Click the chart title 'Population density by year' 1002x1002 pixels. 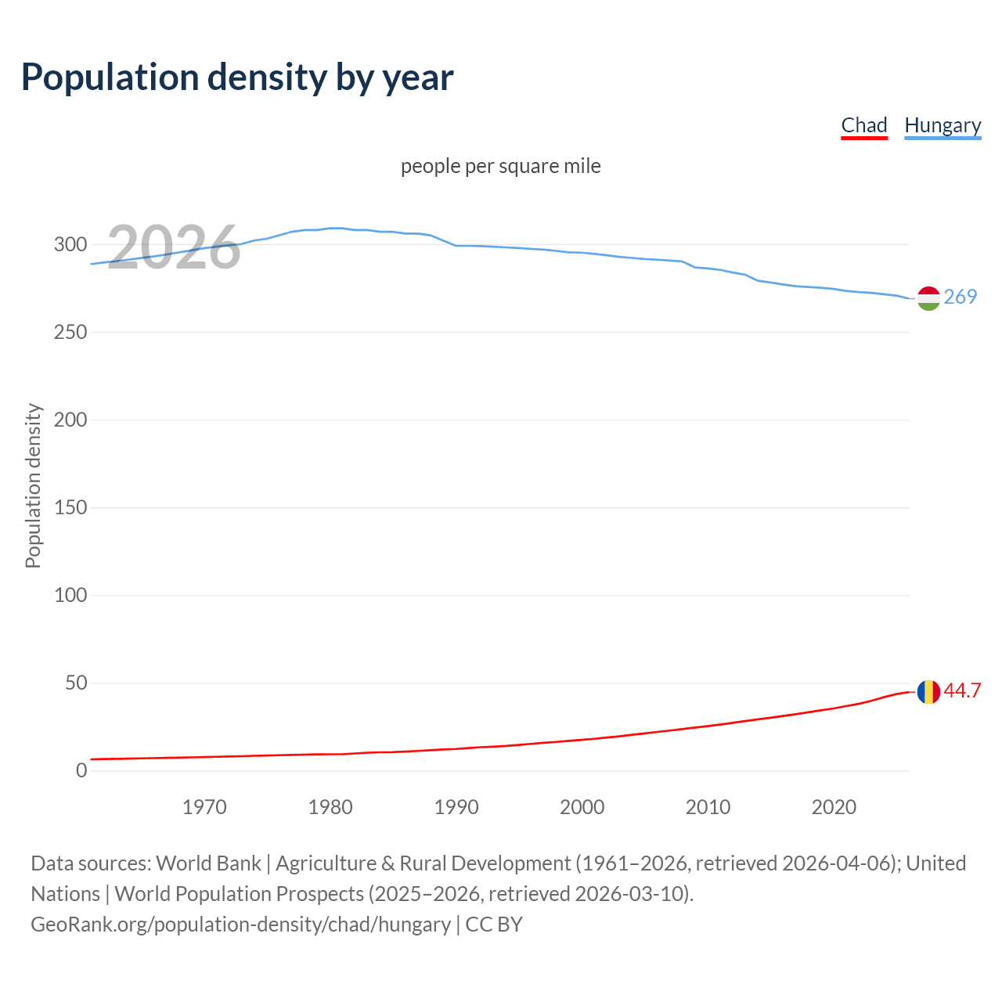(x=237, y=77)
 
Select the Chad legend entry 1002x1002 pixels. (x=864, y=125)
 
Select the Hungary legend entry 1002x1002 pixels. (x=943, y=125)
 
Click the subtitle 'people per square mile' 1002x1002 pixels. (x=501, y=166)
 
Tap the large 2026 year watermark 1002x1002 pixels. (x=174, y=247)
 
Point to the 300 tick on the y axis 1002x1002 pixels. (x=70, y=244)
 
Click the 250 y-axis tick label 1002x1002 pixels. (x=70, y=332)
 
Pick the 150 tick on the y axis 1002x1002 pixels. (x=70, y=507)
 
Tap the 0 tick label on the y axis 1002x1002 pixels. (x=81, y=770)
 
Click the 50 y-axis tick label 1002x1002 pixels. (x=76, y=683)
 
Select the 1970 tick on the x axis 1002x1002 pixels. (x=204, y=807)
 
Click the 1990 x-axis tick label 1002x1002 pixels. (x=456, y=807)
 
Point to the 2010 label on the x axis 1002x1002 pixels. (x=708, y=807)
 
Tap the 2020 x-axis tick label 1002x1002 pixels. (x=834, y=807)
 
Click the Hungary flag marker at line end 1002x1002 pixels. (x=928, y=298)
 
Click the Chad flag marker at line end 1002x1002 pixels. (x=928, y=692)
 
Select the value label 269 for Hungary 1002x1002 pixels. (x=961, y=297)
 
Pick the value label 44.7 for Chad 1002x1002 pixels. (x=962, y=690)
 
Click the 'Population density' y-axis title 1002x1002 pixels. (x=33, y=485)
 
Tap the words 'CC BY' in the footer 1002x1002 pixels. (x=494, y=925)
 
